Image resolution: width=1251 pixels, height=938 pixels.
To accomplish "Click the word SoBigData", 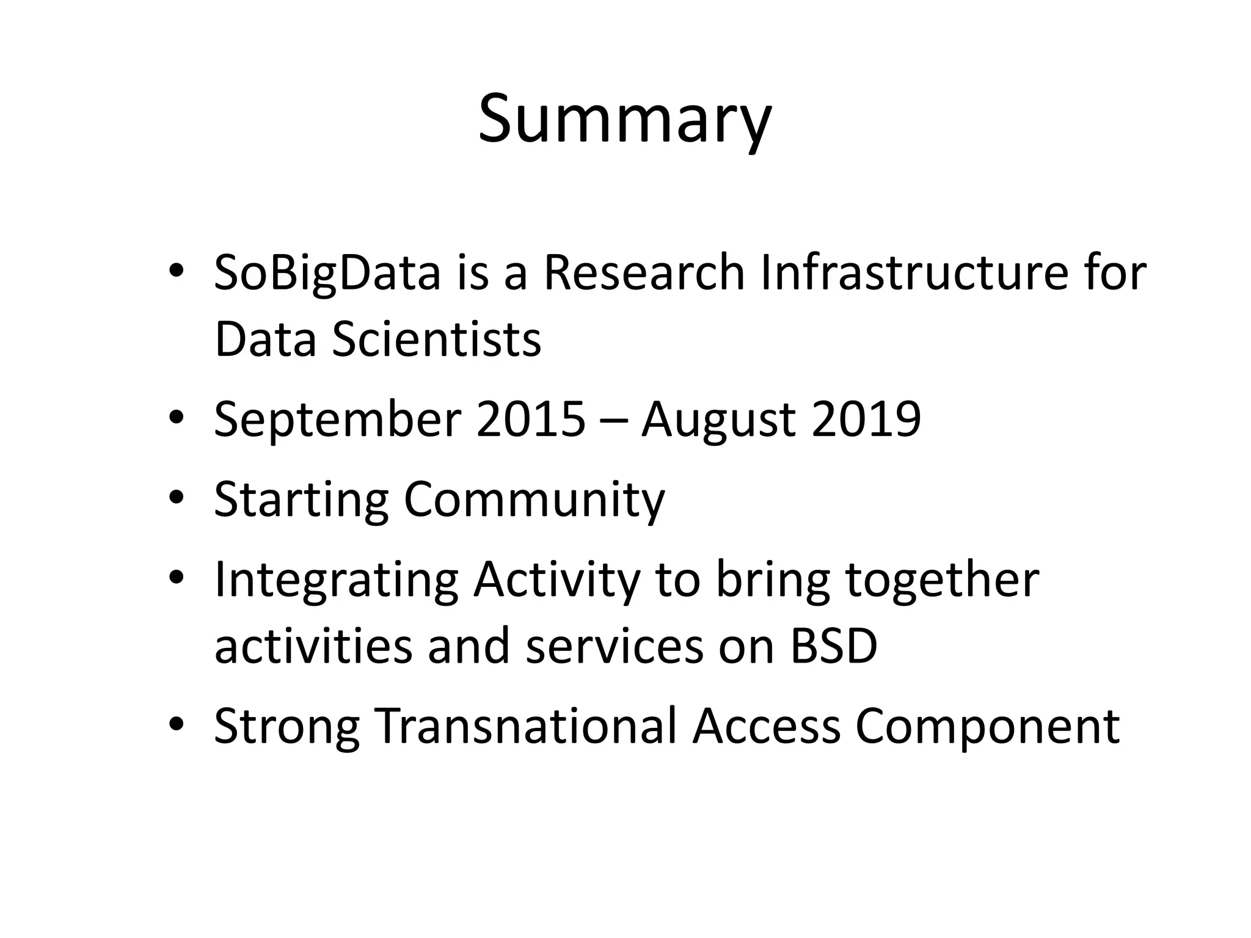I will coord(327,273).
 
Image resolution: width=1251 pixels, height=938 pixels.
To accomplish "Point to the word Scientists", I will coord(436,340).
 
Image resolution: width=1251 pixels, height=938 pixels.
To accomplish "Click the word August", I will coord(718,420).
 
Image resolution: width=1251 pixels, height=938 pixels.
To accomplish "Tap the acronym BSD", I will coord(834,646).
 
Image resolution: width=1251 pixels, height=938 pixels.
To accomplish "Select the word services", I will coord(614,646).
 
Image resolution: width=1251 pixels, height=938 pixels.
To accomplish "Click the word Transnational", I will coord(525,725).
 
